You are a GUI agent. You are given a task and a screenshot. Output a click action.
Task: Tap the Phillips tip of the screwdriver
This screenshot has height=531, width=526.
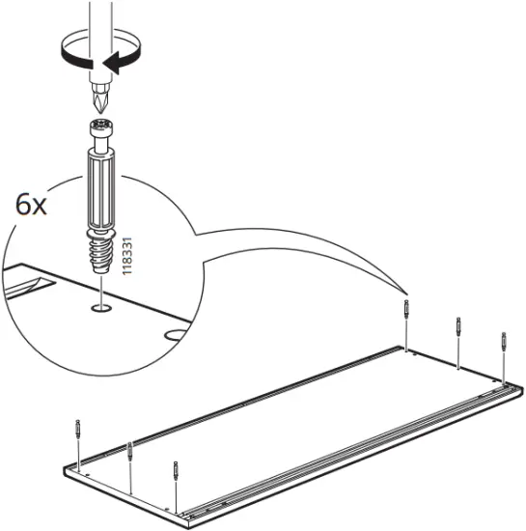pyautogui.click(x=97, y=103)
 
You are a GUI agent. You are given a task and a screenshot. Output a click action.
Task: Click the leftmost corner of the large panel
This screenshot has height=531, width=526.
pyautogui.click(x=65, y=470)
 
